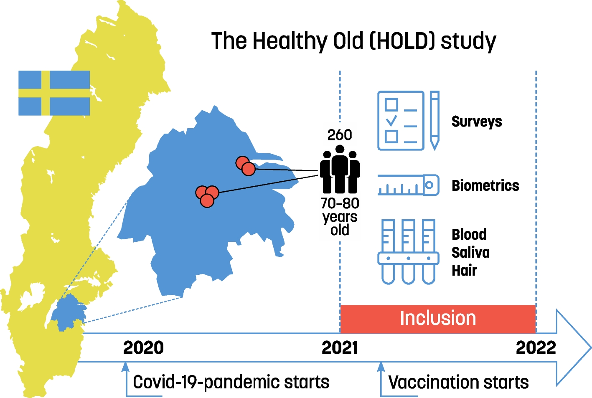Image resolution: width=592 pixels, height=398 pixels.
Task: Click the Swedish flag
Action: pos(54,93)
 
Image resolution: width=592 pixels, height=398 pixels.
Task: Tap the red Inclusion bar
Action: pos(438,319)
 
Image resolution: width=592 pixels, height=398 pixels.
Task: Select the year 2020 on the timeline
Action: pos(143,347)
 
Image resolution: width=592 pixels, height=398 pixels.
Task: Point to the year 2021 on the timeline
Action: pos(340,347)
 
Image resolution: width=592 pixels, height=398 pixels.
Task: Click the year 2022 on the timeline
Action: pos(536,347)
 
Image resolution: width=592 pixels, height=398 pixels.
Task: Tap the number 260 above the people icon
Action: pos(340,135)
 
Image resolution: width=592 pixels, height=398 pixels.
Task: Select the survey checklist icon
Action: pos(401,121)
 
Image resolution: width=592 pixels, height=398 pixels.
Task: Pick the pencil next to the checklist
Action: pos(435,121)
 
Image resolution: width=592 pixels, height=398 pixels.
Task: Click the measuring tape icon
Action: pos(409,185)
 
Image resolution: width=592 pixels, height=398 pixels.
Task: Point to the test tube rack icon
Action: pos(409,252)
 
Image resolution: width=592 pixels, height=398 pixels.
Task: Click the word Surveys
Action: pos(477,122)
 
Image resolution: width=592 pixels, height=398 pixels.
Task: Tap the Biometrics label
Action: pos(485,185)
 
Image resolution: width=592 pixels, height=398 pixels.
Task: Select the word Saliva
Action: pos(470,252)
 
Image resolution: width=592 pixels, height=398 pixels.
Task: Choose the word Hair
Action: pos(464,271)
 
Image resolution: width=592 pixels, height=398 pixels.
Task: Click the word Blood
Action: pos(469,234)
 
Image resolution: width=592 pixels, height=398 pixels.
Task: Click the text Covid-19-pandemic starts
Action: pos(231,382)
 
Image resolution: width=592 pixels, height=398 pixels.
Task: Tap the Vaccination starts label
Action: pos(459,382)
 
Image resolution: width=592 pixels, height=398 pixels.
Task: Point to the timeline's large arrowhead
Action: pos(574,347)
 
